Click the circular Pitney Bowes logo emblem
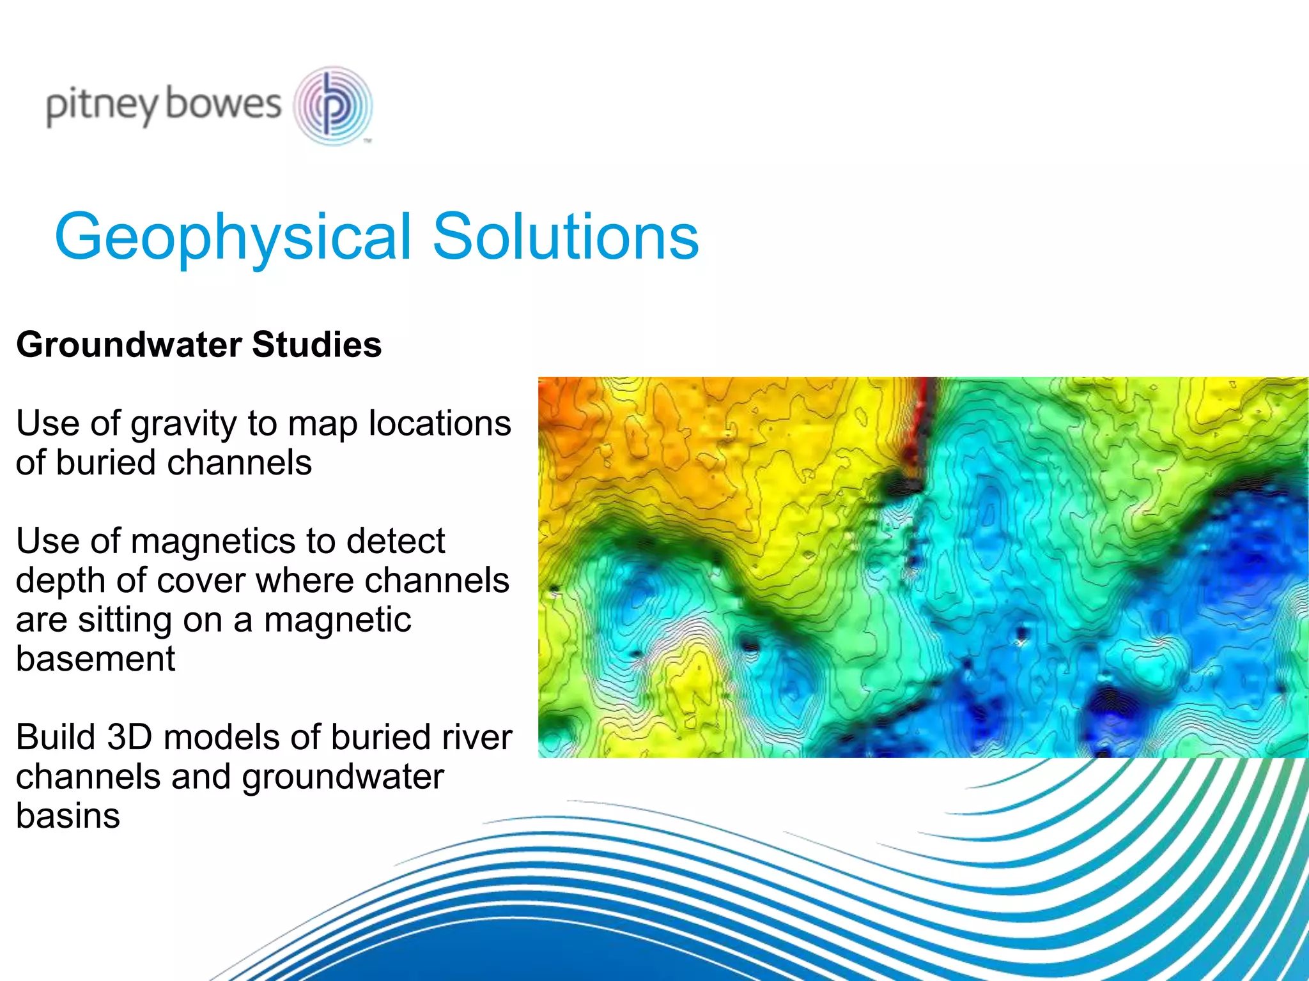tap(332, 106)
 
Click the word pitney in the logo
tap(101, 106)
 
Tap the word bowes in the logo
tap(223, 104)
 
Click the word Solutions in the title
tap(566, 237)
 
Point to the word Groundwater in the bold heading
tap(128, 345)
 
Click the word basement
tap(95, 659)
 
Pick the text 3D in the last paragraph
tap(129, 738)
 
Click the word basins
tap(68, 816)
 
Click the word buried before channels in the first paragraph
tap(105, 463)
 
